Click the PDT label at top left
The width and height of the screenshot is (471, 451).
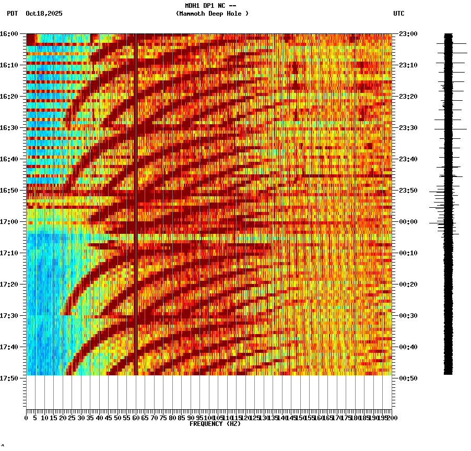(12, 14)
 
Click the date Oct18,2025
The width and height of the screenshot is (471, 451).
(44, 14)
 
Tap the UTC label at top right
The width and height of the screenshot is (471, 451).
(398, 14)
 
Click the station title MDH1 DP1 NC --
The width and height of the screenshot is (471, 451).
(210, 6)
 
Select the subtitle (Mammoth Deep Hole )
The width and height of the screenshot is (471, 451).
(213, 14)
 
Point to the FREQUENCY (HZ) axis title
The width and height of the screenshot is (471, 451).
(215, 424)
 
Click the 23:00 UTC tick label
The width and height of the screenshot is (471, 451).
(407, 34)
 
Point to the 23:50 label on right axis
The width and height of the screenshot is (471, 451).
(407, 191)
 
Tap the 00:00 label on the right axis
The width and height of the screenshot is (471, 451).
(407, 222)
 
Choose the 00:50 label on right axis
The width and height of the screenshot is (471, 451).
(407, 378)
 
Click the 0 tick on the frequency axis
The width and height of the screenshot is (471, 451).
(27, 418)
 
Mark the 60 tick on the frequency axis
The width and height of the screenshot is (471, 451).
(136, 418)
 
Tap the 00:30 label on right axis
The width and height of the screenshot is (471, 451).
(407, 315)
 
